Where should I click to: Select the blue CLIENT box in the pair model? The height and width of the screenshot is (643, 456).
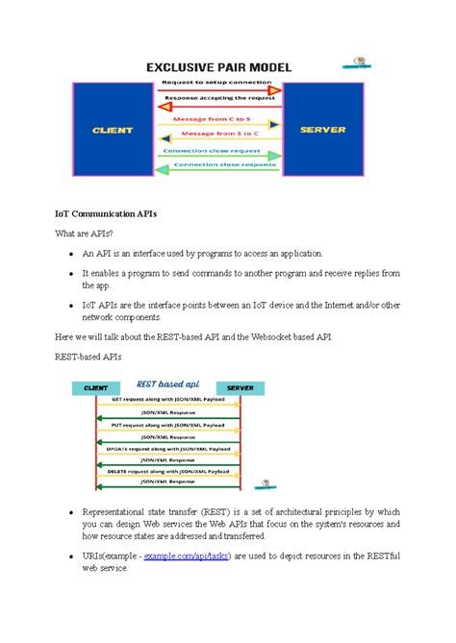(x=114, y=129)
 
